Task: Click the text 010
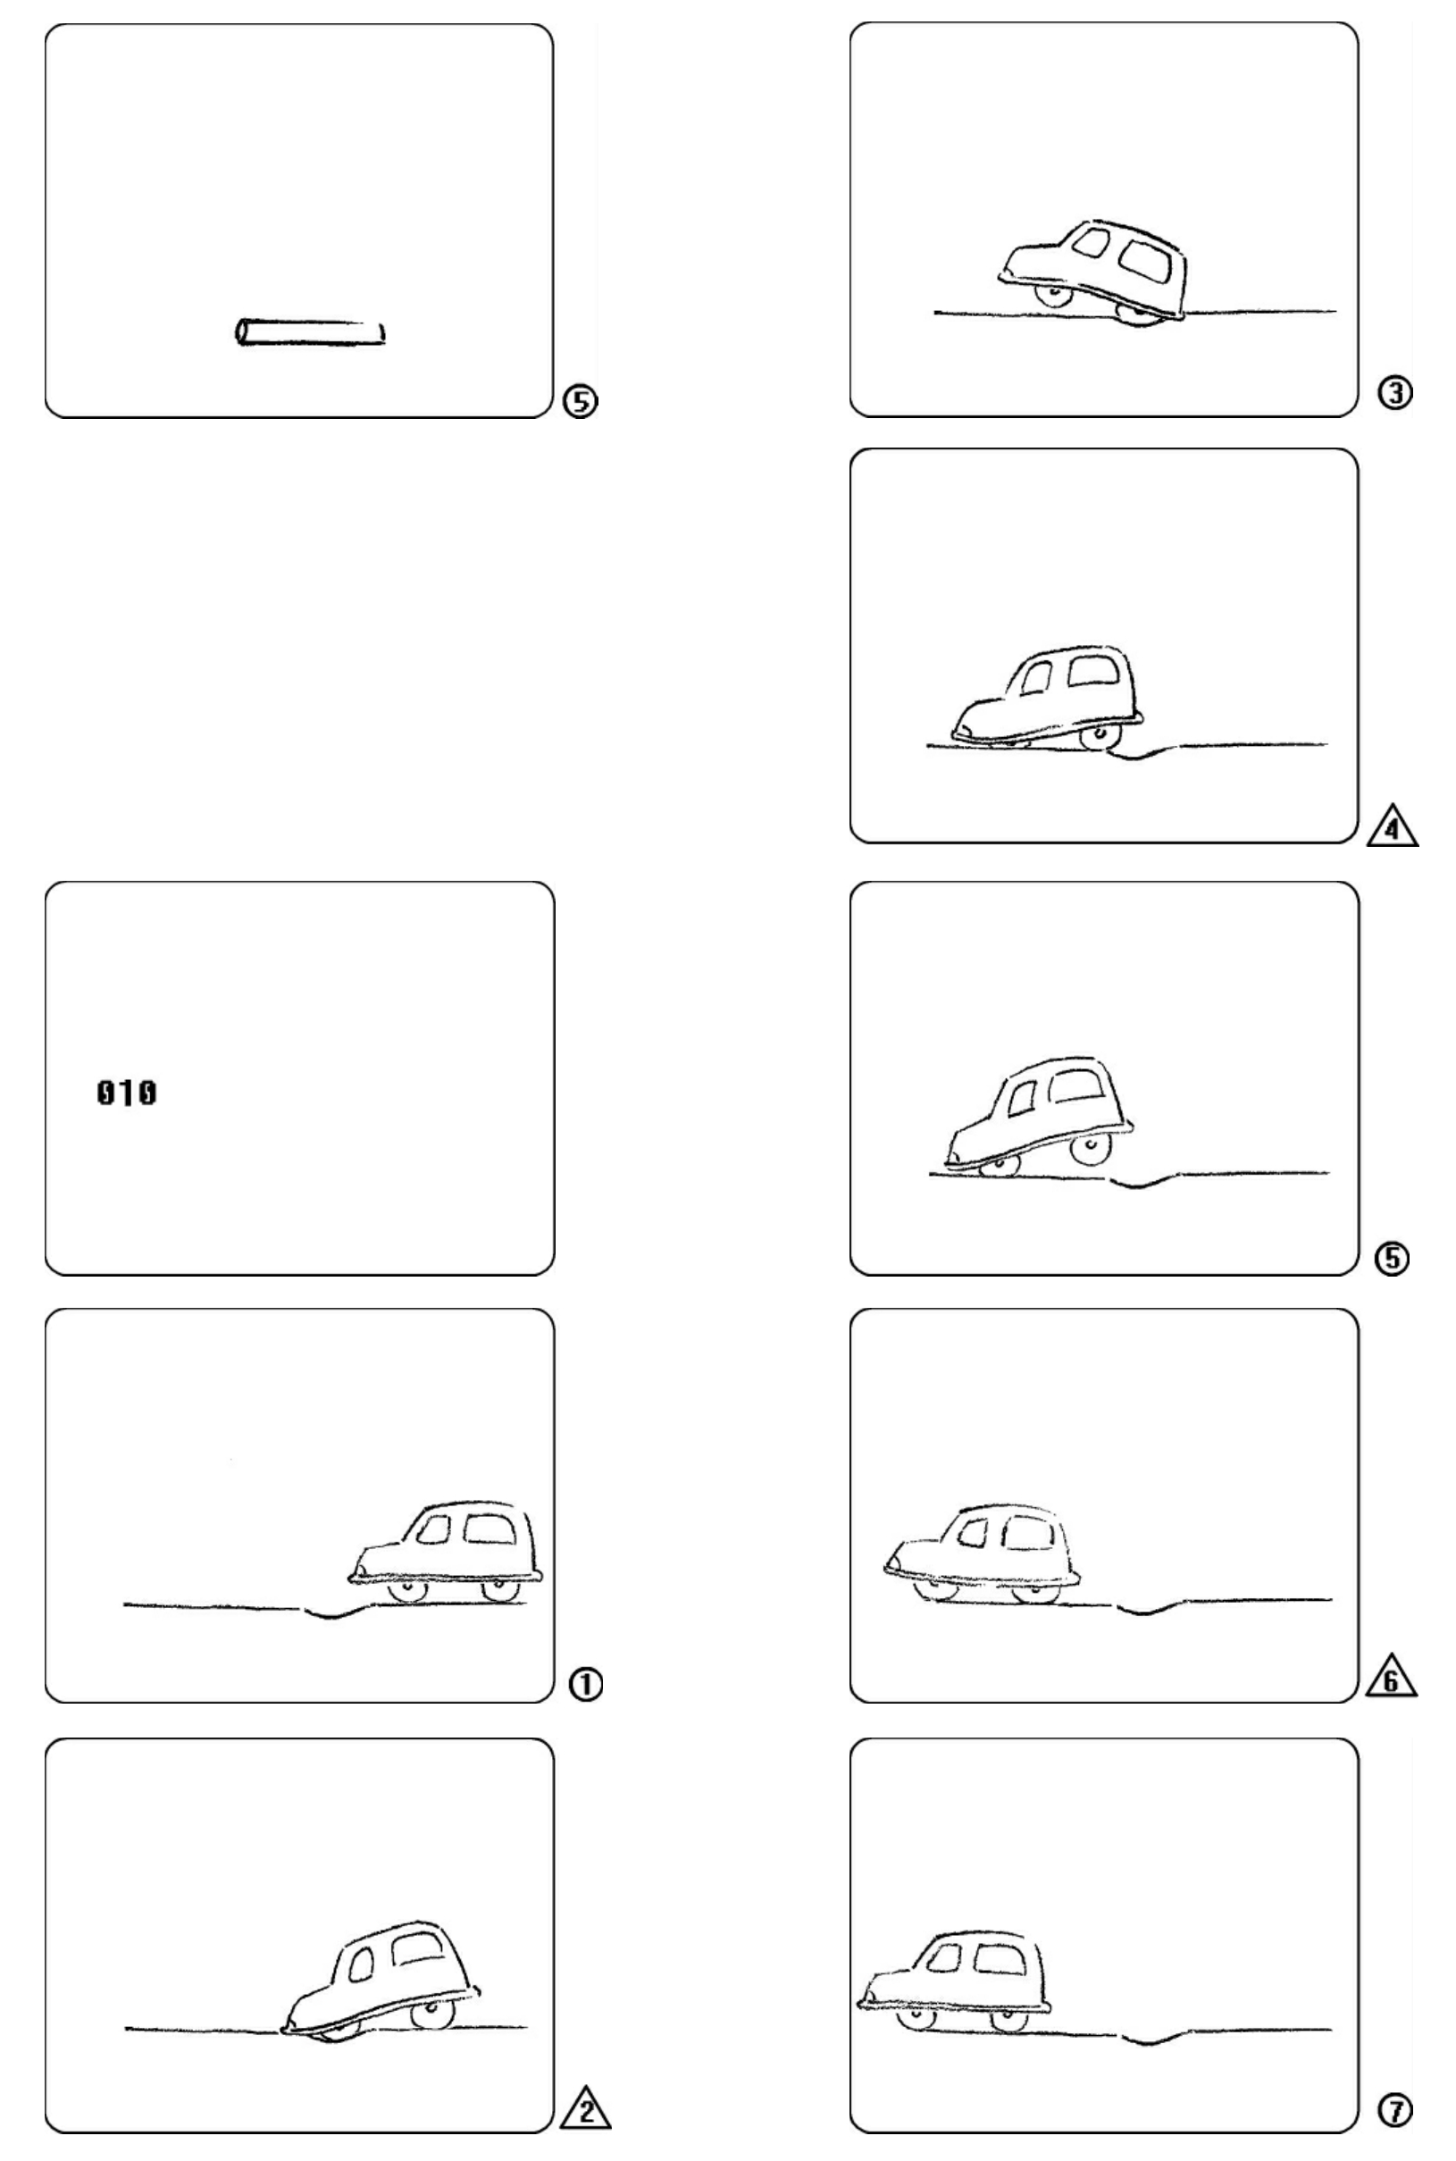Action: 126,1093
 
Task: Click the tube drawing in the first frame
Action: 310,332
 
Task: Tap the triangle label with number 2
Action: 586,2107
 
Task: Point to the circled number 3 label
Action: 1394,394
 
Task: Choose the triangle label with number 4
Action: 1392,825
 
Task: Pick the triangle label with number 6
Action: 1392,1677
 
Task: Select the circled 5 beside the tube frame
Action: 582,401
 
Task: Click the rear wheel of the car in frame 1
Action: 500,1592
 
